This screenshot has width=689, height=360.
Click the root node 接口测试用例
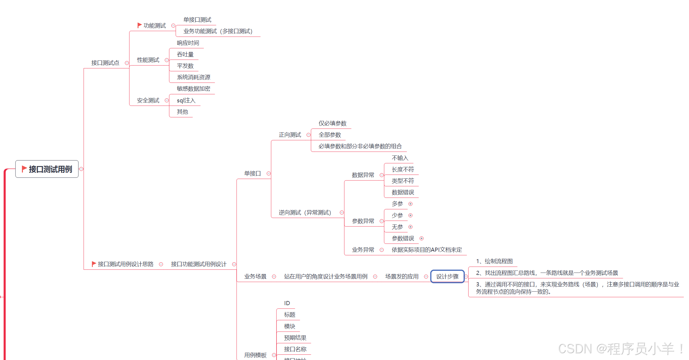[x=47, y=169]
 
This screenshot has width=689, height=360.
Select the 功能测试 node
[x=154, y=26]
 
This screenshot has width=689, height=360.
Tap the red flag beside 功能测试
[x=139, y=25]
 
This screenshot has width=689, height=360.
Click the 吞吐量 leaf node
[x=185, y=55]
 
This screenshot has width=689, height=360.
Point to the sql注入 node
[x=186, y=101]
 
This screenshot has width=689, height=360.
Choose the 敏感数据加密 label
[x=193, y=89]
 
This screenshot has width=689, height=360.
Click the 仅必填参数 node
[x=332, y=123]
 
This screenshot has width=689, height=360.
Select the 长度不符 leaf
[x=402, y=169]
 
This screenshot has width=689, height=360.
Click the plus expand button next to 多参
[x=410, y=204]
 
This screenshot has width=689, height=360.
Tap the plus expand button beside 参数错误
[x=422, y=239]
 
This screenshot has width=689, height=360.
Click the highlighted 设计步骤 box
[x=447, y=276]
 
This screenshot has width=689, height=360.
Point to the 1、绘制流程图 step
[x=494, y=261]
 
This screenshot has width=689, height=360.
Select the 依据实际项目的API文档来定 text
[x=427, y=250]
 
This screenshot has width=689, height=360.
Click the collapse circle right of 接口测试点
[x=127, y=63]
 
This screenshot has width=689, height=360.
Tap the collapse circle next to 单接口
[x=269, y=174]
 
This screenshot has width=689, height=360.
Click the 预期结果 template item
[x=295, y=338]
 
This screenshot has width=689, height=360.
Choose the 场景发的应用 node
[x=402, y=276]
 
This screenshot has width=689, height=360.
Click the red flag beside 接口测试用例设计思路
[x=94, y=264]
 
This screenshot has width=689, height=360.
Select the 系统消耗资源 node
[x=193, y=77]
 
